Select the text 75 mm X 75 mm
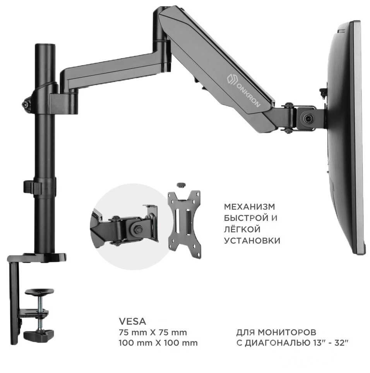pyautogui.click(x=154, y=332)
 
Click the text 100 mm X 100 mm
pyautogui.click(x=159, y=343)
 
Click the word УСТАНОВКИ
pyautogui.click(x=252, y=241)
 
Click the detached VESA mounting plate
pyautogui.click(x=184, y=224)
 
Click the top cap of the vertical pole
pyautogui.click(x=45, y=46)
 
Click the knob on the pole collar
pyautogui.click(x=26, y=104)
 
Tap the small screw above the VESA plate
pyautogui.click(x=180, y=185)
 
